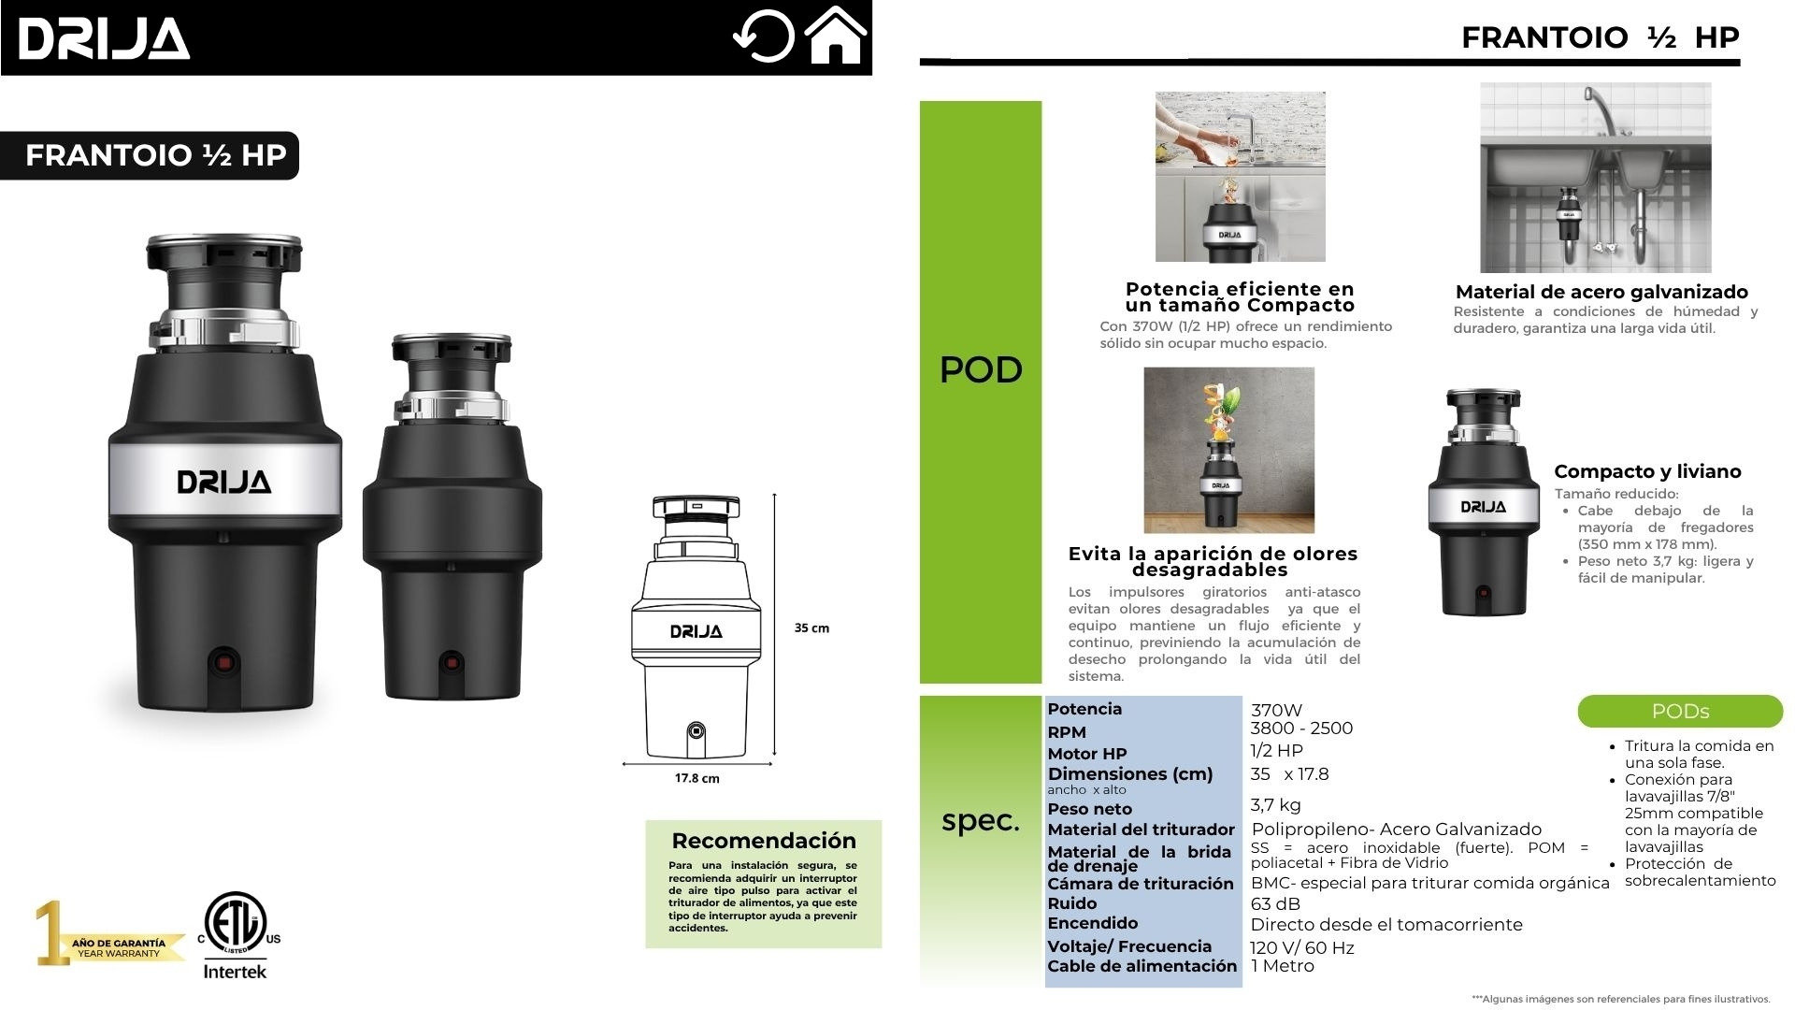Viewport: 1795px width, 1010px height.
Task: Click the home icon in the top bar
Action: coord(835,36)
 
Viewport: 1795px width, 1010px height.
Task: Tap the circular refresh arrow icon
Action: coord(763,37)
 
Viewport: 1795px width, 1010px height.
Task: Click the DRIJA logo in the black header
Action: coord(104,39)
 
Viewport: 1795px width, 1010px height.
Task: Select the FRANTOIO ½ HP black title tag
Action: coord(150,155)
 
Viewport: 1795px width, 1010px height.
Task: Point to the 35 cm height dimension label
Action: coord(811,628)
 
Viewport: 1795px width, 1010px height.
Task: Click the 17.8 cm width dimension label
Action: coord(697,778)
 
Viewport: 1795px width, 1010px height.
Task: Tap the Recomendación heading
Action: coord(764,840)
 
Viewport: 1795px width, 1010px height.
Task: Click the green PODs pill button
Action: coord(1680,712)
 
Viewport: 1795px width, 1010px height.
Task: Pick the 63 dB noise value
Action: coord(1275,903)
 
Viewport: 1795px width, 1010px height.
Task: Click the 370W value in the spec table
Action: coord(1276,710)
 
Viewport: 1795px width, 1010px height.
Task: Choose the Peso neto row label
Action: coord(1089,809)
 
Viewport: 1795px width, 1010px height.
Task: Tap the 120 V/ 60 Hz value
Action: coord(1302,947)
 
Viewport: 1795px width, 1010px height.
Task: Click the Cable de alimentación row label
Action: coord(1142,966)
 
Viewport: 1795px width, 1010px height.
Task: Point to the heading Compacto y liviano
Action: coord(1647,471)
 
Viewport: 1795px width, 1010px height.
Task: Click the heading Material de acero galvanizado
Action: coord(1601,292)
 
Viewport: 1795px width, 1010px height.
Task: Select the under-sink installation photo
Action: coord(1596,178)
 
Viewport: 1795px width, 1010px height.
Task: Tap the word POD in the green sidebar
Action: coord(981,370)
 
